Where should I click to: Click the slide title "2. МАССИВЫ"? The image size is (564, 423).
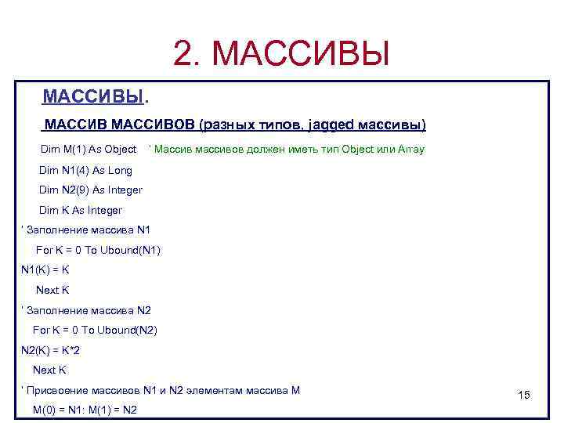point(281,53)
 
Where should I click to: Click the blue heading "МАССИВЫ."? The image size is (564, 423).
point(94,97)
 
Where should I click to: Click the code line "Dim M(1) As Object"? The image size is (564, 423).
point(89,149)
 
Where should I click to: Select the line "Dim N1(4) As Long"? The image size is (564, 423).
point(85,170)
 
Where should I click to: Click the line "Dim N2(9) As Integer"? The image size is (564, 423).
point(91,190)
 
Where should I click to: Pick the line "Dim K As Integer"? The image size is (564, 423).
point(81,210)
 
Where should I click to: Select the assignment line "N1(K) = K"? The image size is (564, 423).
point(45,270)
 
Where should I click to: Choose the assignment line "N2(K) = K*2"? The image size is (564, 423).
point(50,350)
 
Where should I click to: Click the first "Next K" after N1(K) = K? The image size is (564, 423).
point(53,290)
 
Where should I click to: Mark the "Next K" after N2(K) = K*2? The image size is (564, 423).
point(49,370)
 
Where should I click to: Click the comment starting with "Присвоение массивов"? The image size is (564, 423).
point(161,390)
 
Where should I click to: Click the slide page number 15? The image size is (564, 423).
point(524,396)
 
